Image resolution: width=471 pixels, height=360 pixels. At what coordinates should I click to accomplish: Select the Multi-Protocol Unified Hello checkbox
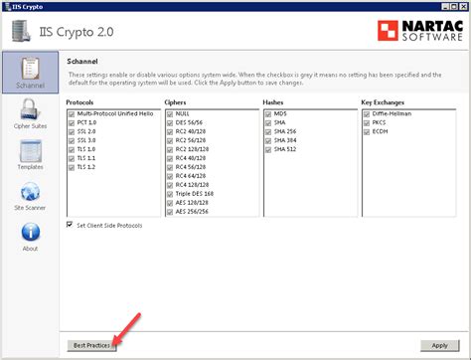[72, 114]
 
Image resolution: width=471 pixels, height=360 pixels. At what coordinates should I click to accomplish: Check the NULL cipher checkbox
[169, 114]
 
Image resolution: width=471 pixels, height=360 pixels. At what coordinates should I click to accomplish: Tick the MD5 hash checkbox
[267, 114]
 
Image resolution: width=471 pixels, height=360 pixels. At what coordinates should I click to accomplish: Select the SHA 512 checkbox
[267, 150]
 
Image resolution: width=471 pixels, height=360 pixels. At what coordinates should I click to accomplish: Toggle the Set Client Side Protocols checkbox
[71, 226]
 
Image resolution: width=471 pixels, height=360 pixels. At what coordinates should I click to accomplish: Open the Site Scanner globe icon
[30, 194]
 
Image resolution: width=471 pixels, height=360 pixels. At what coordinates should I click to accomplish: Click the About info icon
[30, 236]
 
